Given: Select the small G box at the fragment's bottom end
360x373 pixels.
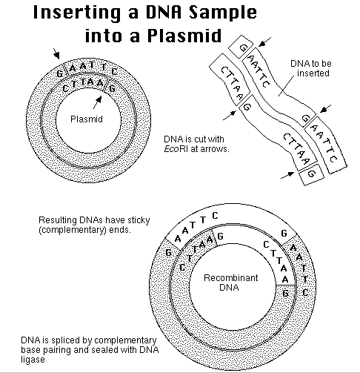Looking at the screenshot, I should (311, 175).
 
